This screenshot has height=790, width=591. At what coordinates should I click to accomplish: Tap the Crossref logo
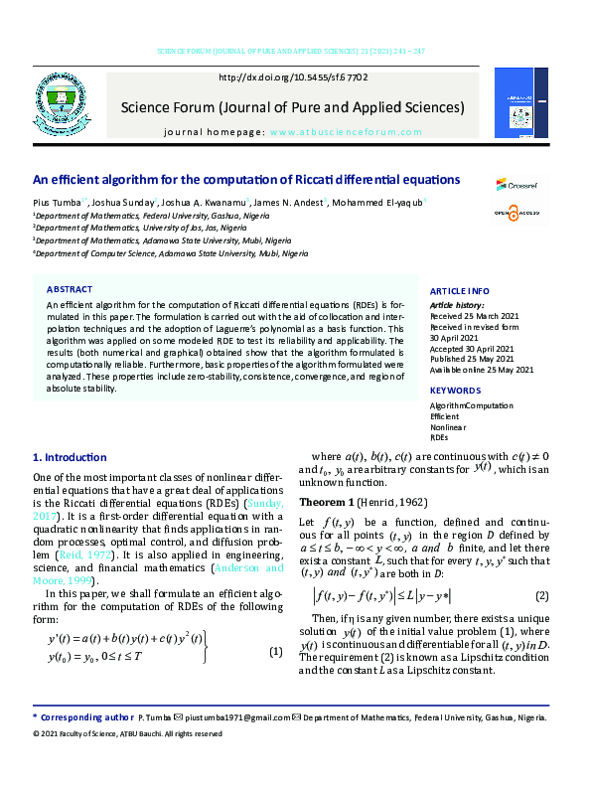click(517, 184)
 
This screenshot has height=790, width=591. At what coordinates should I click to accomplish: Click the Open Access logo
click(515, 214)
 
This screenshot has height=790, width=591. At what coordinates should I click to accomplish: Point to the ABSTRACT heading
click(70, 289)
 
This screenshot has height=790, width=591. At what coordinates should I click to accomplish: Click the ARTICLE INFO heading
click(459, 290)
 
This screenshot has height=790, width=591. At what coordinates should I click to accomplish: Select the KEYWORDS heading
click(456, 391)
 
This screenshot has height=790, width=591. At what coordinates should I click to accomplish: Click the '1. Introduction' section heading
click(70, 458)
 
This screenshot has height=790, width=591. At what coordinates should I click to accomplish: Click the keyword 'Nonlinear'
click(447, 427)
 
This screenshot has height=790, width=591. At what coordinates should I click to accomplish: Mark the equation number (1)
click(276, 652)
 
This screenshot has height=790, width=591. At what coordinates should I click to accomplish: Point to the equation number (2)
click(541, 596)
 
